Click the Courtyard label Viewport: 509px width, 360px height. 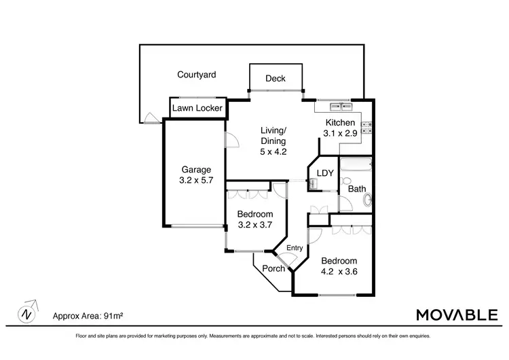[197, 75]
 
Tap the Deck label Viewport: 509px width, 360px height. [275, 79]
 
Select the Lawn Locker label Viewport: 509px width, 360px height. [197, 108]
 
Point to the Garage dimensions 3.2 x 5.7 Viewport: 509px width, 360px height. [196, 181]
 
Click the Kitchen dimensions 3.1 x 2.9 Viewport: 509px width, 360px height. [341, 134]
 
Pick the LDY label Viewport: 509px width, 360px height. [325, 173]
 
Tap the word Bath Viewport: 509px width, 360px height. [357, 189]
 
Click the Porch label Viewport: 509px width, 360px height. [274, 268]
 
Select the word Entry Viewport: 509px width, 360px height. [295, 248]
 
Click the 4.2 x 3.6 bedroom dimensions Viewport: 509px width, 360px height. [339, 272]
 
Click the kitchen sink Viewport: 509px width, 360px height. [340, 106]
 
